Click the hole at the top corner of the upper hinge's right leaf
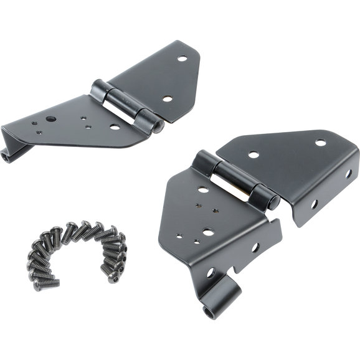(x=182, y=59)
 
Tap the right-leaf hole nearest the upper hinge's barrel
(x=167, y=98)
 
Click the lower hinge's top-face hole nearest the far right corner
(x=320, y=142)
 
